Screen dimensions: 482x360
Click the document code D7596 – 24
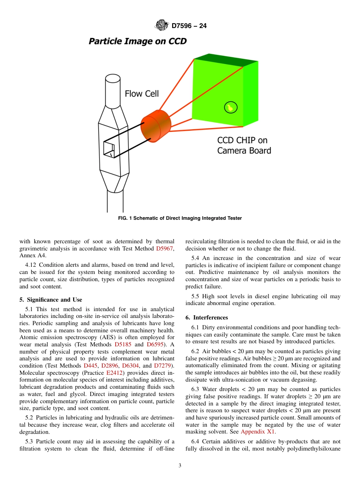point(189,26)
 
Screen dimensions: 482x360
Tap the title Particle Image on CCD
point(138,41)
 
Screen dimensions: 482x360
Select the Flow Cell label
point(142,93)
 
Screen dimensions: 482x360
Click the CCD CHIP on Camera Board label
point(244,146)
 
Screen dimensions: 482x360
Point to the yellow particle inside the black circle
point(230,108)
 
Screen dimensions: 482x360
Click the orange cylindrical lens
point(156,125)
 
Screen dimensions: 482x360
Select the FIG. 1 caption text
point(180,218)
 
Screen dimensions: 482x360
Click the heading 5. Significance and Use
point(51,300)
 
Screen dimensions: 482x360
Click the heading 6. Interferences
point(207,318)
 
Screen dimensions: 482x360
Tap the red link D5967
point(165,249)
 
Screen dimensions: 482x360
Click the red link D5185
point(124,344)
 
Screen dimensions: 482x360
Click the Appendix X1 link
point(258,432)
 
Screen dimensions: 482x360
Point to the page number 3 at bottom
point(180,466)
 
